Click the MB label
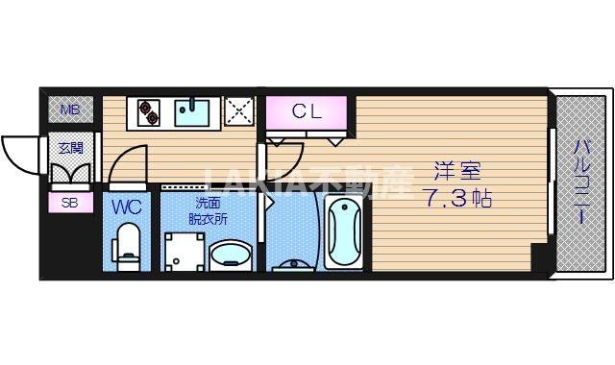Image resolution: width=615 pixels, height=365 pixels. [70, 110]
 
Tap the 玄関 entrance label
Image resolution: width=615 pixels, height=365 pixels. [70, 148]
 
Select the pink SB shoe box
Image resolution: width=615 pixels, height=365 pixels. [70, 203]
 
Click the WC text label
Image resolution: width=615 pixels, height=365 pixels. [127, 207]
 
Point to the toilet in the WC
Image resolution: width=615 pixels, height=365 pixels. [127, 243]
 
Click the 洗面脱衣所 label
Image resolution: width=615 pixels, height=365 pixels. [208, 210]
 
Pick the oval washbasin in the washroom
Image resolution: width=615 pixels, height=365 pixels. [230, 256]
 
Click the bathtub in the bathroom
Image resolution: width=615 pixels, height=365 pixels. [344, 233]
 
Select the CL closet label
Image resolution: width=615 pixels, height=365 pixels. [307, 111]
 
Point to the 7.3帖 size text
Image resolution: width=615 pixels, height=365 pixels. [455, 202]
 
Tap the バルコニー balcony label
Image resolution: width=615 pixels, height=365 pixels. [582, 182]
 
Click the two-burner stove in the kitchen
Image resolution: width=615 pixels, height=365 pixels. [150, 112]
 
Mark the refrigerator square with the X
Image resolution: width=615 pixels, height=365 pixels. [238, 111]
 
